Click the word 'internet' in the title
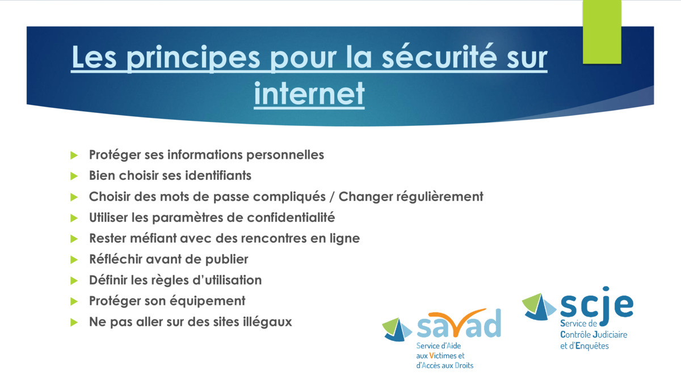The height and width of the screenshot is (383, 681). (x=309, y=93)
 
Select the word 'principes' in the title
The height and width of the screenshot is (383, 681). (x=193, y=58)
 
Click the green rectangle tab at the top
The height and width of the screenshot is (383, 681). (x=602, y=32)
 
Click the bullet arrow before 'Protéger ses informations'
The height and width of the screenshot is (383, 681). (x=74, y=155)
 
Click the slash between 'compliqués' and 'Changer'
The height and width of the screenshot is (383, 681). (x=332, y=197)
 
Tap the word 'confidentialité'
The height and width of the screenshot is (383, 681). (x=291, y=217)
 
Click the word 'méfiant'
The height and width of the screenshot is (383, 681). (x=153, y=238)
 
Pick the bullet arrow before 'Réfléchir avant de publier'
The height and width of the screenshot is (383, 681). (x=74, y=260)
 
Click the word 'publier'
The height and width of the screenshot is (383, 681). (x=226, y=260)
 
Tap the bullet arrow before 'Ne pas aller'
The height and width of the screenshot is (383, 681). (x=74, y=322)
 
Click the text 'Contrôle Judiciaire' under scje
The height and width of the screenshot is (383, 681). (x=594, y=335)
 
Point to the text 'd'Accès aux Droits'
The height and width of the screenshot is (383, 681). (x=445, y=365)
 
